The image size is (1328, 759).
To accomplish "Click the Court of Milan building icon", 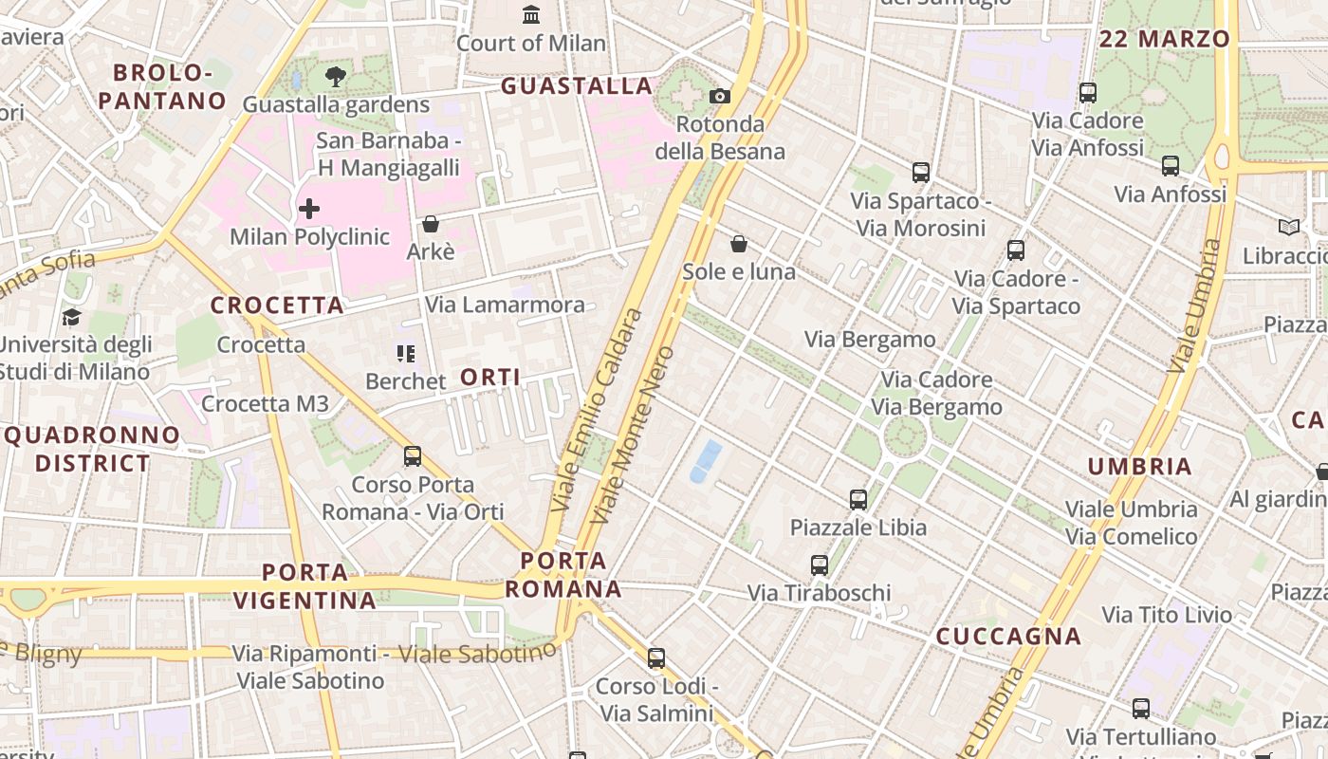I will [531, 15].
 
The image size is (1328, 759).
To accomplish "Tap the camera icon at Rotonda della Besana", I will [720, 96].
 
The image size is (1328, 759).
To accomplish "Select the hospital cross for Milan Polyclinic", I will [309, 209].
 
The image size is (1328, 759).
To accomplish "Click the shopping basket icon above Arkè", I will [431, 224].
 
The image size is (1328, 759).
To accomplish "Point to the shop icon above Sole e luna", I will [739, 245].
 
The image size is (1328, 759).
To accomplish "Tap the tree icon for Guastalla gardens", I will [335, 77].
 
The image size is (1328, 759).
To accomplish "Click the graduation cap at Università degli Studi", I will [71, 317].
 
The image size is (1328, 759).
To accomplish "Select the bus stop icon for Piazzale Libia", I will [858, 499].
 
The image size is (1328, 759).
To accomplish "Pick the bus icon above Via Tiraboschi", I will [820, 565].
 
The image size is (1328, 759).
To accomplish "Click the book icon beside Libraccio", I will [1288, 228].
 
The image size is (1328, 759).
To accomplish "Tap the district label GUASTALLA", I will [577, 86].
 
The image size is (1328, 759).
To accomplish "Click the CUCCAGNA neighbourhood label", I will [1008, 637].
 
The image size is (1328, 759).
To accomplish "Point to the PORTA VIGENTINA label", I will [304, 586].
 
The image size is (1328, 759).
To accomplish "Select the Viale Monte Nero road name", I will [632, 435].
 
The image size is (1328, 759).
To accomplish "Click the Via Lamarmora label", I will [505, 305].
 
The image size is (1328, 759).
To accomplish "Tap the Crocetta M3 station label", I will [265, 404].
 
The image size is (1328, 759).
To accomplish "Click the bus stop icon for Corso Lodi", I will [655, 658].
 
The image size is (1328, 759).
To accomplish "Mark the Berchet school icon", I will [406, 354].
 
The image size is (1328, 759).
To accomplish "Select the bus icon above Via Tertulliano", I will [1141, 709].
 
